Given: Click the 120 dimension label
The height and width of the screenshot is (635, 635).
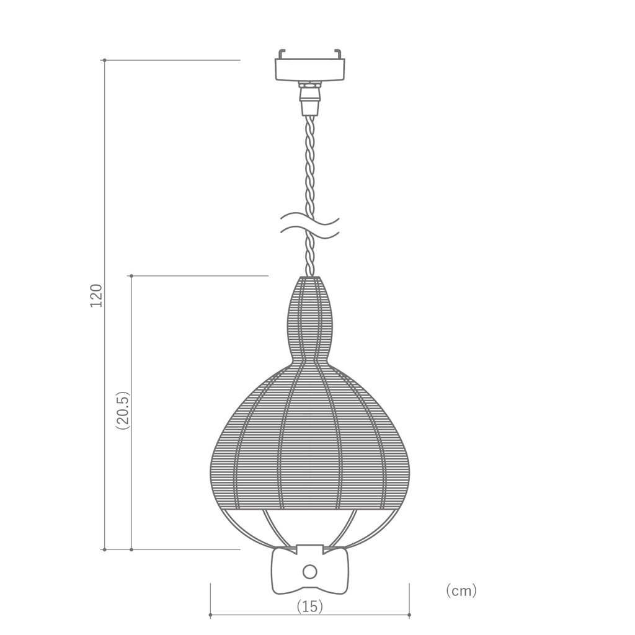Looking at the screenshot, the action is pos(96,295).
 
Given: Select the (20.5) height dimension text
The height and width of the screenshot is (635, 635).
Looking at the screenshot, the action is pos(122,411).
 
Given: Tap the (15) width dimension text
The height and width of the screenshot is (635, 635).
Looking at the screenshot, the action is pos(310,606).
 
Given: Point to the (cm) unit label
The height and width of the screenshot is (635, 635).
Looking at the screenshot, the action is pos(461,590).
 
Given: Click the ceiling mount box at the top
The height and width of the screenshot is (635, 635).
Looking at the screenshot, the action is pos(310,69).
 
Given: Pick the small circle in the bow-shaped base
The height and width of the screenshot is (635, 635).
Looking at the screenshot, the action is pos(310,571).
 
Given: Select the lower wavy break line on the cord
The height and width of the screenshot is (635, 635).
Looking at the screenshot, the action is pos(310,234).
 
